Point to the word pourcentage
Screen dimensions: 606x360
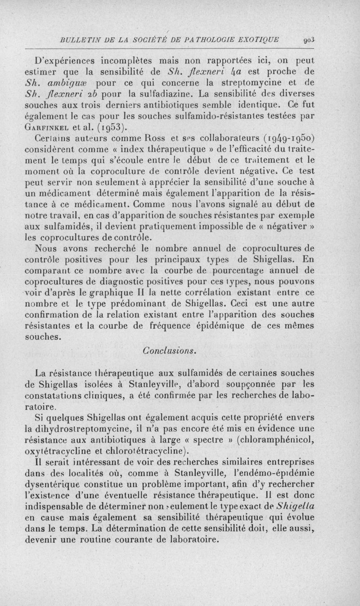click(x=237, y=271)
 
